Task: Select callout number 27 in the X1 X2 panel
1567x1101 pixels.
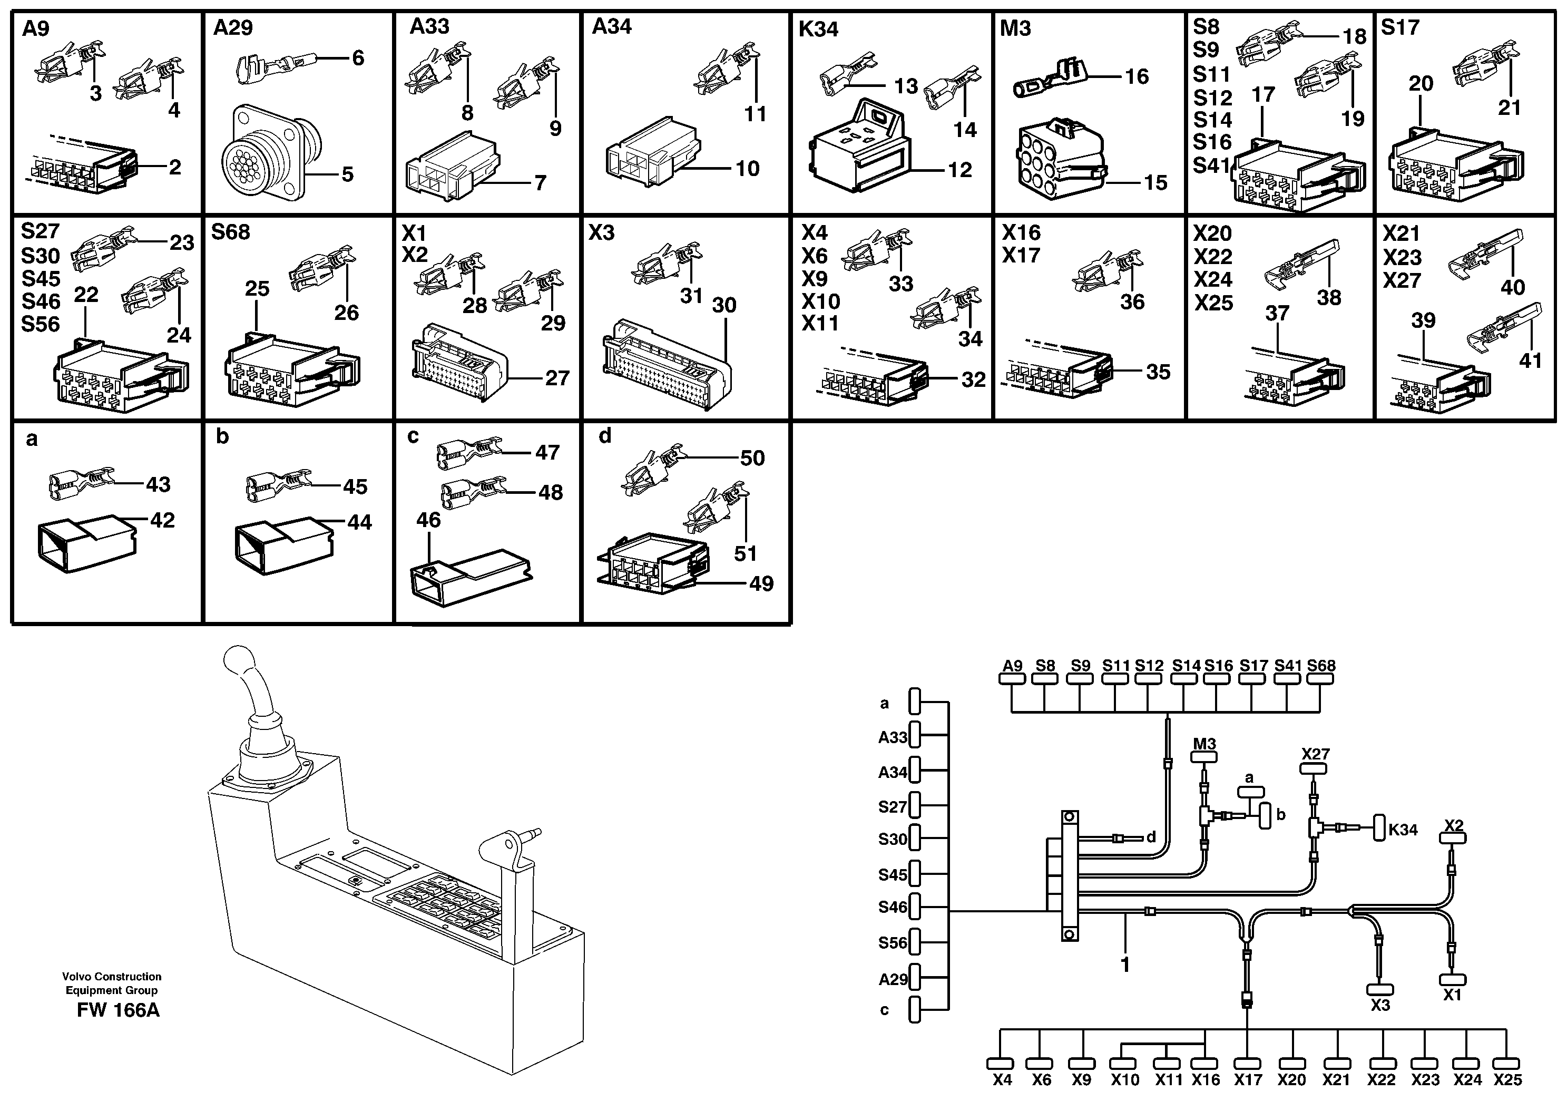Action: (557, 378)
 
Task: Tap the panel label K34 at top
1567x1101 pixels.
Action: (818, 30)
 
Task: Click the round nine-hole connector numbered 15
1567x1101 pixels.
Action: (1059, 162)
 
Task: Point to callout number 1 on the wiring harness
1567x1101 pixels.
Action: (1125, 964)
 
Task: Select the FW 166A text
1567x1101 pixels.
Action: (118, 1010)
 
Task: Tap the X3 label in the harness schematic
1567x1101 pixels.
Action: (1380, 1006)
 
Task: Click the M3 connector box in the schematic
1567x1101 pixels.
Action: (1204, 757)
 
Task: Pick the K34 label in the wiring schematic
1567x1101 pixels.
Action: (1403, 830)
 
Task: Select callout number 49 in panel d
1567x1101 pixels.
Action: (761, 583)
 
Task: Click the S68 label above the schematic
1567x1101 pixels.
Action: (1320, 666)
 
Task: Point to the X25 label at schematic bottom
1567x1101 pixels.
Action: (1507, 1080)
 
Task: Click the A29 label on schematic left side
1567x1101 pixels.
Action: (892, 979)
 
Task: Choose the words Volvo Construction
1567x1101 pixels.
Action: (112, 977)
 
